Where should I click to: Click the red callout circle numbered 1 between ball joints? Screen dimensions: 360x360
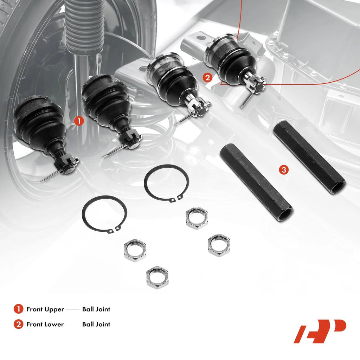point(79,121)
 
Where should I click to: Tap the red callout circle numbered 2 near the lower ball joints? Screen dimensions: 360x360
point(207,78)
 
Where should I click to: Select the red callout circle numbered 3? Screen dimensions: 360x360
point(284,170)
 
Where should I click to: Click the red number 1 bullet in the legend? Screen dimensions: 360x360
point(18,309)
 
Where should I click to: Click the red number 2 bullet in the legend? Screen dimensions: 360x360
point(18,324)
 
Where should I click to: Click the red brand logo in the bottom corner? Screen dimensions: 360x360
point(320,331)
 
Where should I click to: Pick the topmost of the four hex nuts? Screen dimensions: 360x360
point(197,218)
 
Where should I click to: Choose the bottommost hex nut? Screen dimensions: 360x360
point(157,278)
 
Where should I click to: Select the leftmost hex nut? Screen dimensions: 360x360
point(135,250)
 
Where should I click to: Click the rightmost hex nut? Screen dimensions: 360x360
point(219,245)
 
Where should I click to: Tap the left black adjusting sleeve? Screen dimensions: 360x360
point(256,182)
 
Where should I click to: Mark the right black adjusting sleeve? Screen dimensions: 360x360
point(309,157)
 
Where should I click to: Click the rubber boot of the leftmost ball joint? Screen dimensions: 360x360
point(40,124)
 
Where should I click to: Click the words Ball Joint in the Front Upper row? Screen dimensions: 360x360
point(96,309)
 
